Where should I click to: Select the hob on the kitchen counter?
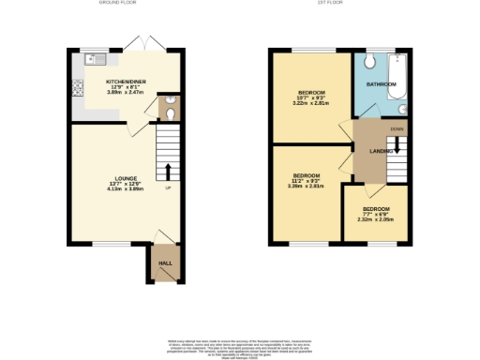pyautogui.click(x=75, y=91)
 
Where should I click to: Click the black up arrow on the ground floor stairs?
pyautogui.click(x=169, y=171)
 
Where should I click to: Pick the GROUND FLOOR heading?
pyautogui.click(x=117, y=4)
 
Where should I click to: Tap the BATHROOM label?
pyautogui.click(x=382, y=84)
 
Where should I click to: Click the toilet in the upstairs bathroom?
pyautogui.click(x=370, y=62)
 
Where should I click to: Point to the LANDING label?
pyautogui.click(x=382, y=150)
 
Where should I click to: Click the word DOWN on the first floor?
pyautogui.click(x=397, y=128)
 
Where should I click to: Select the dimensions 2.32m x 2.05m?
pyautogui.click(x=376, y=219)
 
